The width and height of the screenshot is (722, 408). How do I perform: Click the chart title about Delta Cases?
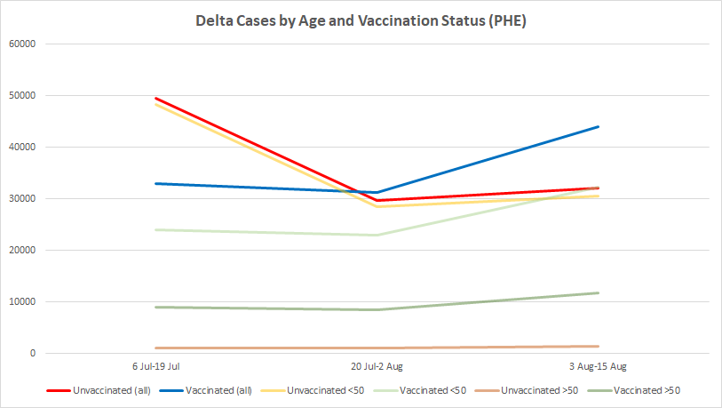(x=361, y=20)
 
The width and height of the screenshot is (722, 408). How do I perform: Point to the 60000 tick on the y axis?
(x=21, y=44)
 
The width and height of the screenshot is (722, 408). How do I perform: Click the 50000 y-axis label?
(x=21, y=95)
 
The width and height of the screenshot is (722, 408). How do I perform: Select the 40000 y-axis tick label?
(x=21, y=147)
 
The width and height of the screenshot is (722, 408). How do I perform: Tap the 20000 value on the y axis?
(x=21, y=250)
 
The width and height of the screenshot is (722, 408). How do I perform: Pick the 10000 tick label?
(x=21, y=301)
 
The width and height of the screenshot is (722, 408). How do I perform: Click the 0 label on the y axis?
(x=32, y=353)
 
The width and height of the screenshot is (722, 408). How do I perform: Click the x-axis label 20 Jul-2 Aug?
(x=377, y=366)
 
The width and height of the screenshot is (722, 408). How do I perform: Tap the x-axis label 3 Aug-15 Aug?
(x=597, y=366)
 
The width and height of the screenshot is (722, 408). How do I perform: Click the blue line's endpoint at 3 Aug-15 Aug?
(x=598, y=126)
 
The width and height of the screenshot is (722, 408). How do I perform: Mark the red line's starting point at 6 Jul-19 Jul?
(x=157, y=99)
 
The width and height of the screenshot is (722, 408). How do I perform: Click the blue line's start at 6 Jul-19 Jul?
(x=157, y=183)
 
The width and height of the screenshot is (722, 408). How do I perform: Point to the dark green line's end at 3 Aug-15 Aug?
(x=598, y=292)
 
